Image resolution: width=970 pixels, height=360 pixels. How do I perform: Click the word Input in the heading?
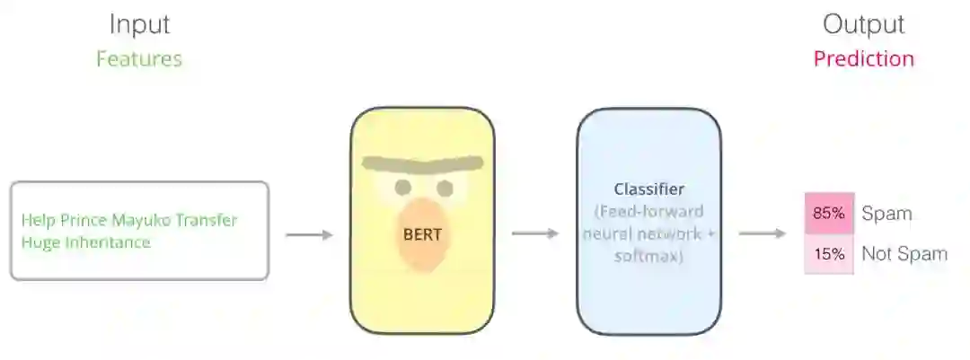(x=139, y=24)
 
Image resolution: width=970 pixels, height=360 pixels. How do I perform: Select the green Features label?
(x=139, y=59)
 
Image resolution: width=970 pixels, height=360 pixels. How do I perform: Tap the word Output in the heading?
(x=864, y=24)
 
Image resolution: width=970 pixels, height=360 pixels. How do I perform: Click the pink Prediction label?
(x=864, y=59)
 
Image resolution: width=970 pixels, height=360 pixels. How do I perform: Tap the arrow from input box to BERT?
(x=309, y=235)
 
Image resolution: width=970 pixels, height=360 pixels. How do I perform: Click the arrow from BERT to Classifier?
(x=535, y=233)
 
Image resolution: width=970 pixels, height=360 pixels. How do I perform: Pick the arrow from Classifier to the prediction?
(x=763, y=233)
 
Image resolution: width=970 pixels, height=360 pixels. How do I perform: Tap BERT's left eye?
(x=403, y=187)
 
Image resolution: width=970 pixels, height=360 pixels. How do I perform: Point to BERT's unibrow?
(x=422, y=166)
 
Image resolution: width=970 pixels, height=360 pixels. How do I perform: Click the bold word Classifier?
(x=649, y=189)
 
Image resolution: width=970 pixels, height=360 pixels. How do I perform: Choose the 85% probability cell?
(x=828, y=214)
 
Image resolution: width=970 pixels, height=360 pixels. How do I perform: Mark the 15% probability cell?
(x=828, y=254)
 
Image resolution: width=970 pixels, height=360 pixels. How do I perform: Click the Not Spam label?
(x=904, y=254)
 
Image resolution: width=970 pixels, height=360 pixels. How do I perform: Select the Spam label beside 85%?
(x=886, y=214)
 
